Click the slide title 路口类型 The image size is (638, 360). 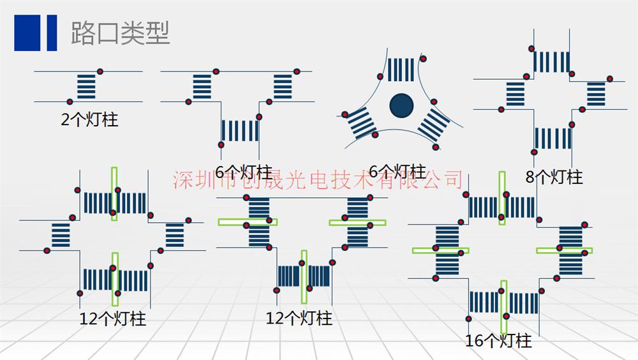point(121,33)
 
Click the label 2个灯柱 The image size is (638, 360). point(89,120)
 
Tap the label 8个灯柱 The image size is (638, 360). point(554,177)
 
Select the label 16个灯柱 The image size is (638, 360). point(498,340)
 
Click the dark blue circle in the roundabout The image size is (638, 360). point(401,105)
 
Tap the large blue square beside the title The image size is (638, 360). point(27,33)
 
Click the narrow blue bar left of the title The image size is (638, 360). point(52,33)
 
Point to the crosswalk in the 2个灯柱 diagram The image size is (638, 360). point(86,86)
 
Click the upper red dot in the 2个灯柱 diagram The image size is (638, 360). point(100,71)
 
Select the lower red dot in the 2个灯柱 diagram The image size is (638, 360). point(70,102)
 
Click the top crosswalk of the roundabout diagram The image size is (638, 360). point(401,70)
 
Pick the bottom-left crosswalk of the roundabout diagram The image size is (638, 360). point(362,123)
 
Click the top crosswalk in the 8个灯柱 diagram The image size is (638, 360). point(551,62)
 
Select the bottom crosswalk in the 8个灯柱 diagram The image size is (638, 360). point(553,139)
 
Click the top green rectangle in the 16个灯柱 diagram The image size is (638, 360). point(502,198)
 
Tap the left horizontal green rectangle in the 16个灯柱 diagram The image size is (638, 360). point(440,250)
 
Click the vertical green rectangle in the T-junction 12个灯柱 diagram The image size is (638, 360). point(304,277)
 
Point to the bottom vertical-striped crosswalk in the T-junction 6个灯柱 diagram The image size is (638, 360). point(240,131)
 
